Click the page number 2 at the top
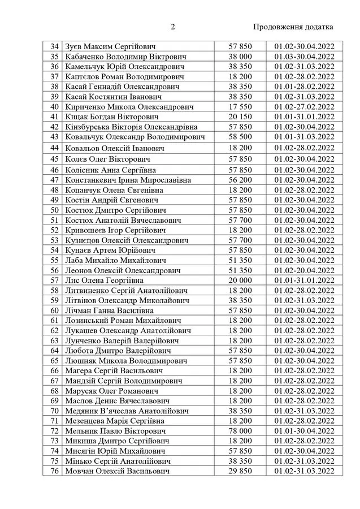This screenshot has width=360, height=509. (173, 27)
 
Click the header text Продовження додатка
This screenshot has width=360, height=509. (293, 27)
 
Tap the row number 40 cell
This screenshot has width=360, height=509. (55, 106)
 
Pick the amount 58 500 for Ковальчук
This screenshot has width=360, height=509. (240, 137)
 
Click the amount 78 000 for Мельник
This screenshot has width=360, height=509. (240, 430)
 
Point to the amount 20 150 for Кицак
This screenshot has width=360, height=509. (240, 117)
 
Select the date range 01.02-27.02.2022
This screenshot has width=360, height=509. (304, 106)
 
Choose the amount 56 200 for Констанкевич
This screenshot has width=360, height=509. (240, 180)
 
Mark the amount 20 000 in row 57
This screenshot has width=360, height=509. (240, 280)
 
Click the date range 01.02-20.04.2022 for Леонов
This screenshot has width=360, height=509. (304, 270)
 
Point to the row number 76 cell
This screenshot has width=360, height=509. (55, 471)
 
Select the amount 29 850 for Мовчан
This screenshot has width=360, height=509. (240, 471)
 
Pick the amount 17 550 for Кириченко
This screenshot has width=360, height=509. (240, 106)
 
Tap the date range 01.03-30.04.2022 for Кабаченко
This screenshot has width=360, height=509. (304, 56)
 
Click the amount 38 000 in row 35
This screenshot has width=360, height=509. (240, 56)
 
